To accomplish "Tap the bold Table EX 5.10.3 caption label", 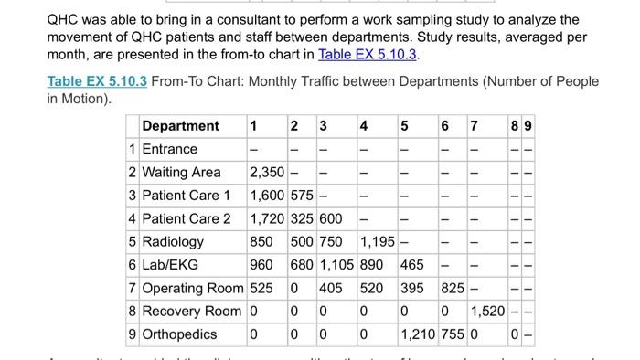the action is point(97,81).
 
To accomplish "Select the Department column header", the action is point(181,125).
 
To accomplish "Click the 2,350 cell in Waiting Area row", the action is point(266,172).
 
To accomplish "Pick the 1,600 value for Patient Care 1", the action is point(266,195).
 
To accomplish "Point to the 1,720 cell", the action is point(266,218).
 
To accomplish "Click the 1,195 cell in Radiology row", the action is point(378,241).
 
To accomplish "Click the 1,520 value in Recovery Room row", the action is point(487,312).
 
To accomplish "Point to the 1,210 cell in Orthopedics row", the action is point(419,334).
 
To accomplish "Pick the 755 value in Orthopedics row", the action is point(453,334).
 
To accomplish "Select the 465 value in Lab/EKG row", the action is point(412,265).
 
